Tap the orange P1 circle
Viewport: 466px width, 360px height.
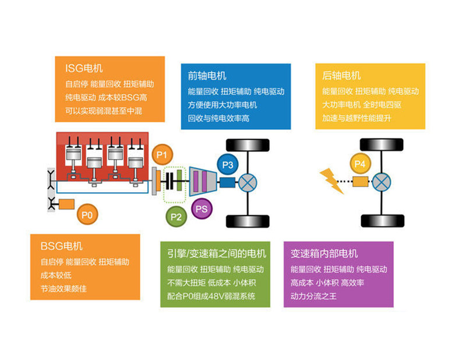[162, 154]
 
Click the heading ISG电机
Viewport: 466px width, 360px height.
[84, 69]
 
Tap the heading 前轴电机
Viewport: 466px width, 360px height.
[207, 76]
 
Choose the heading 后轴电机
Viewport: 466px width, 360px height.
[341, 76]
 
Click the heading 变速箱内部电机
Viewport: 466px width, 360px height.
[324, 254]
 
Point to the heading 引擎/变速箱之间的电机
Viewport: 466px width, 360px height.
[216, 253]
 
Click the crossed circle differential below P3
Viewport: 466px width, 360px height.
[249, 182]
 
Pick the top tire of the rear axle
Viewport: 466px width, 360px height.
[382, 143]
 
